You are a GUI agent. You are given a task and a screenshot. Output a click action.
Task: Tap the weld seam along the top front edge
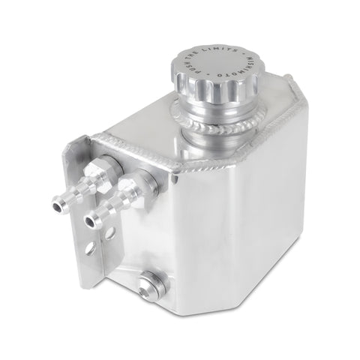(127, 146)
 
